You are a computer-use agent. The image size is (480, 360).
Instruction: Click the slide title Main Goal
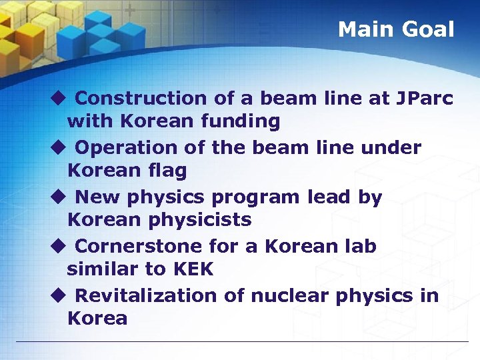click(x=396, y=29)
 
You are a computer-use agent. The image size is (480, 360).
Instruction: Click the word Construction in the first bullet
click(x=141, y=99)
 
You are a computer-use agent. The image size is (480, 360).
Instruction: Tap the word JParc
click(x=425, y=99)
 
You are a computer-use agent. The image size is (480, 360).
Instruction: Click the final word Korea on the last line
click(x=97, y=319)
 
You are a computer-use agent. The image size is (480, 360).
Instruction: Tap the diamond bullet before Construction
click(x=58, y=99)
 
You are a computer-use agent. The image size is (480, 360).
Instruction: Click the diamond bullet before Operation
click(x=58, y=148)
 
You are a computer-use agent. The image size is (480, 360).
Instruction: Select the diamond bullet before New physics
click(x=58, y=197)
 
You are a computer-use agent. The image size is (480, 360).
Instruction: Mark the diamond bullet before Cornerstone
click(x=58, y=247)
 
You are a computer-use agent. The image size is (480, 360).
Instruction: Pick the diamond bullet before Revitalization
click(x=58, y=296)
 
